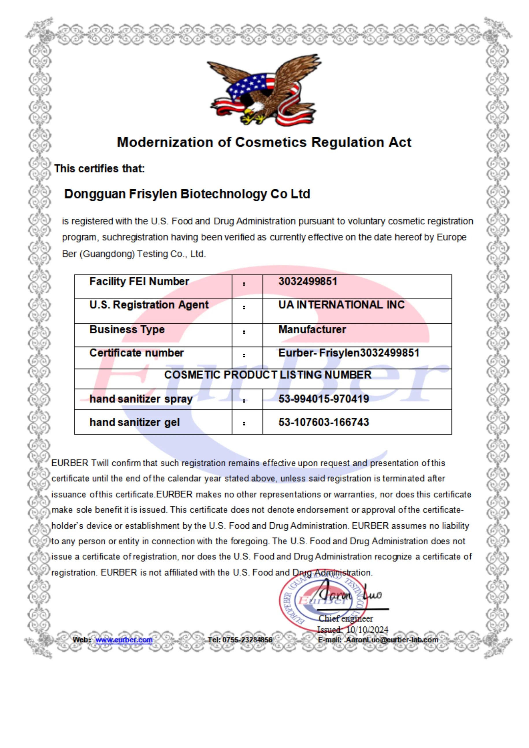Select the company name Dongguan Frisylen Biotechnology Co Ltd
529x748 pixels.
[187, 194]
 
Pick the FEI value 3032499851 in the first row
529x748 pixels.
[308, 281]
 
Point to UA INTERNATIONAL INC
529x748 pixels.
[341, 305]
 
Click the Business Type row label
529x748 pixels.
[127, 329]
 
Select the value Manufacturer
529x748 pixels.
[312, 329]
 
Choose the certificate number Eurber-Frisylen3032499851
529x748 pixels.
[348, 353]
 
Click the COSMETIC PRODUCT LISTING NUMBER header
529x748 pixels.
[268, 375]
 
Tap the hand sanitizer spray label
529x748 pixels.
[141, 399]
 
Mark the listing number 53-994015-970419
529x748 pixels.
[324, 399]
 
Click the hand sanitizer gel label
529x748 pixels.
[135, 423]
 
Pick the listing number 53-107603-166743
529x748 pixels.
[324, 423]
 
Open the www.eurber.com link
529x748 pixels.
[124, 640]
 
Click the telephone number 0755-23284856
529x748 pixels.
[247, 640]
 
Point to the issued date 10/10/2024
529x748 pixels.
[367, 630]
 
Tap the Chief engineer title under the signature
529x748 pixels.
[346, 618]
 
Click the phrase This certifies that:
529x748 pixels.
[99, 169]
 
